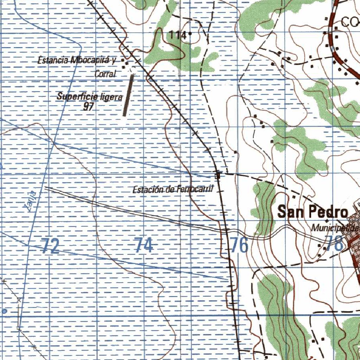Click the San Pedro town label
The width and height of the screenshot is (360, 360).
pos(313,212)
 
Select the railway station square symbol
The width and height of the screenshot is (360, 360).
pos(218,174)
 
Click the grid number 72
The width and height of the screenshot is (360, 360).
pos(50,246)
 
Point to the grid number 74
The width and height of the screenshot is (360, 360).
pos(144,245)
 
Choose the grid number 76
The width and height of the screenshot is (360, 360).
pos(239,245)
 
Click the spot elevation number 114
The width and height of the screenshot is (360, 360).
pos(177,35)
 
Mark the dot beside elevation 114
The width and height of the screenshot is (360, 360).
pos(190,34)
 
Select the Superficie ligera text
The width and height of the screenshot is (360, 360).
pos(90,97)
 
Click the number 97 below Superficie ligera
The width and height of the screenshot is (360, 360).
pos(88,107)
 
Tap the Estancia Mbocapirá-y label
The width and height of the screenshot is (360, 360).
pos(77,60)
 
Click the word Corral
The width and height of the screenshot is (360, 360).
pos(105,74)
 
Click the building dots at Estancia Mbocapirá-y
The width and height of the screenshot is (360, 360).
pos(124,62)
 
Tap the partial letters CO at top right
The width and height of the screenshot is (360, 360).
pos(350,23)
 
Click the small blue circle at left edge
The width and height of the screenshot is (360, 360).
pos(5,311)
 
